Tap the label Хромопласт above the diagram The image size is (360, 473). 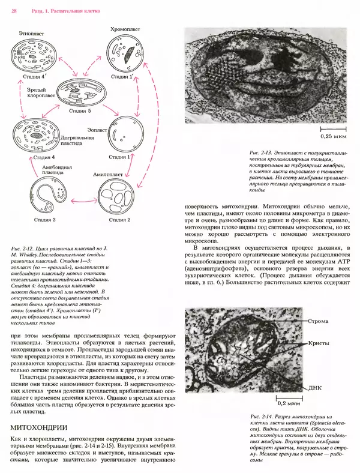point(125,28)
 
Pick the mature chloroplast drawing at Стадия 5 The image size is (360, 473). point(80,91)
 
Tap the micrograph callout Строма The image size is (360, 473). point(319,321)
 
